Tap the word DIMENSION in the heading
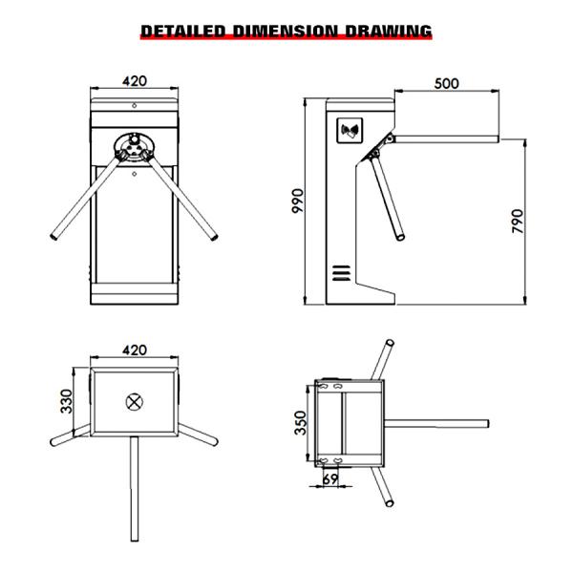(285, 32)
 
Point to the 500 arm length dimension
(446, 83)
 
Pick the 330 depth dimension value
(66, 401)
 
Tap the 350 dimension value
(300, 421)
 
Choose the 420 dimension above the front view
(135, 81)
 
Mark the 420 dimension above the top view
(134, 350)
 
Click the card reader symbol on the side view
(350, 129)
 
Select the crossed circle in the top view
(134, 400)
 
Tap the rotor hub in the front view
(134, 147)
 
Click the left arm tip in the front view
(53, 235)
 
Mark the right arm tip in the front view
(215, 235)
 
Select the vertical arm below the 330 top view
(134, 497)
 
